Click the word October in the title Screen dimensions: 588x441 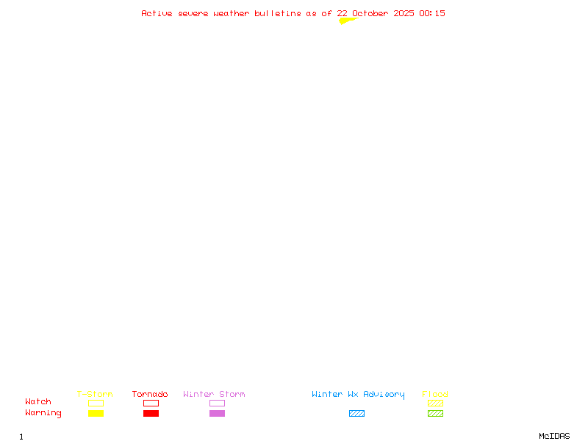pos(370,13)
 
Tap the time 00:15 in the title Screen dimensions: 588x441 pos(432,13)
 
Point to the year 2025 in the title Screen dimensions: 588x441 pos(404,13)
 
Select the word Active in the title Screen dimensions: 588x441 pos(157,13)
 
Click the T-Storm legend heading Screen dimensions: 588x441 pos(95,394)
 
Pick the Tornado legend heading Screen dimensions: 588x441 pos(150,394)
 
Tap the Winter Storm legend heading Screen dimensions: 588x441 pos(214,394)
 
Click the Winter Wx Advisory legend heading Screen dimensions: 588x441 pos(358,395)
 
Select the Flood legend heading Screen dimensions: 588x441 pos(435,394)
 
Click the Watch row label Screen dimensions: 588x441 pos(38,401)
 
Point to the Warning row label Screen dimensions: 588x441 pos(43,413)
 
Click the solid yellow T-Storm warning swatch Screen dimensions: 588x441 pos(96,413)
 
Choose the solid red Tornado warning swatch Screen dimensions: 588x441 pos(151,413)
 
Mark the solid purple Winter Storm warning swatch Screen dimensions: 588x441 pos(217,413)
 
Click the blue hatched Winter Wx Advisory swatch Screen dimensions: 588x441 pos(356,413)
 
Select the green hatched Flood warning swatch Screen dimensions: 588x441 pos(435,413)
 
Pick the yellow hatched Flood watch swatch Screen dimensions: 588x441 pos(435,403)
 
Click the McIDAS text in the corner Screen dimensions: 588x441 pos(554,436)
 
